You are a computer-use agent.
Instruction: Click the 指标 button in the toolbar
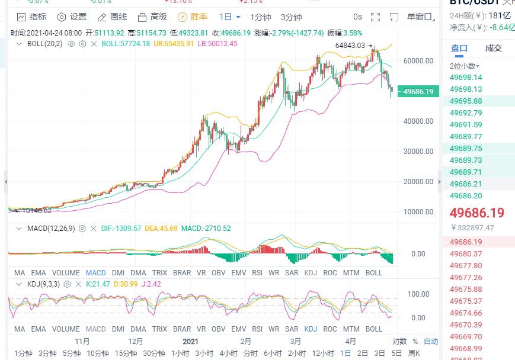pyautogui.click(x=32, y=17)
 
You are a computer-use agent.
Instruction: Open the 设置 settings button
pyautogui.click(x=72, y=17)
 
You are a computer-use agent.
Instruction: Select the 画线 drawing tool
pyautogui.click(x=112, y=17)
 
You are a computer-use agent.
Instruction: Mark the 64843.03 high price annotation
pyautogui.click(x=350, y=45)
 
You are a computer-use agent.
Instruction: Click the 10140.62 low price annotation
pyautogui.click(x=36, y=210)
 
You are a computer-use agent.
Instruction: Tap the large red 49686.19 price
pyautogui.click(x=477, y=213)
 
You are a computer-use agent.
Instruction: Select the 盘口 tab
pyautogui.click(x=459, y=49)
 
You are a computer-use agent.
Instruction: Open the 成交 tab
pyautogui.click(x=493, y=49)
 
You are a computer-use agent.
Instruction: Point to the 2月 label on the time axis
pyautogui.click(x=245, y=342)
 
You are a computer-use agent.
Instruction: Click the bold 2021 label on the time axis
pyautogui.click(x=190, y=342)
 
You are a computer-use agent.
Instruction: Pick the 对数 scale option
pyautogui.click(x=399, y=342)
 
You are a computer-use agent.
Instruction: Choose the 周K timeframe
pyautogui.click(x=414, y=353)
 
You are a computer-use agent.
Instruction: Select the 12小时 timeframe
pyautogui.click(x=323, y=353)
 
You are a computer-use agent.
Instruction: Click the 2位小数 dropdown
pyautogui.click(x=465, y=66)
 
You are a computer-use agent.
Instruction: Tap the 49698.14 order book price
pyautogui.click(x=466, y=78)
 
